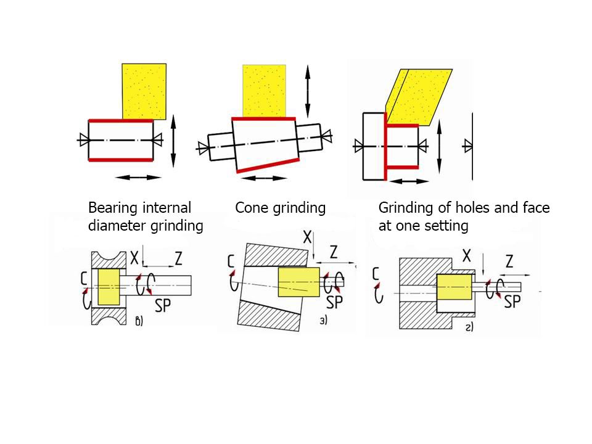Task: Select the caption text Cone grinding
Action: (x=280, y=208)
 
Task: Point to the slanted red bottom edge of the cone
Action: (x=266, y=163)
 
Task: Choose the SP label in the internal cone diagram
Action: (x=334, y=302)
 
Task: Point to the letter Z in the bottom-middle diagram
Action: (x=334, y=252)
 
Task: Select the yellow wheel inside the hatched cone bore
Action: (x=298, y=282)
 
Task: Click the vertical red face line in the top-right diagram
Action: (x=385, y=151)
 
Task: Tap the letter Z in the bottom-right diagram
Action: (x=509, y=261)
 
